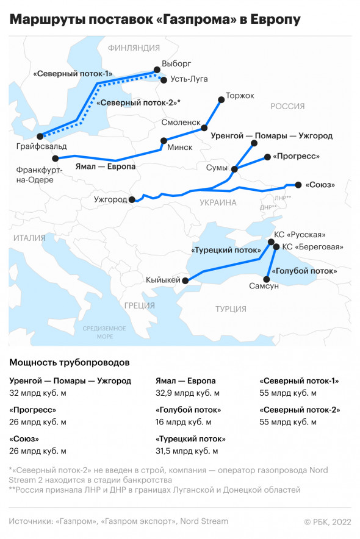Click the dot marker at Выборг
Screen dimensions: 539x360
(x=157, y=70)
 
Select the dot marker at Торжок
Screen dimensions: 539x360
(x=221, y=98)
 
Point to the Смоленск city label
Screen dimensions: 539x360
(x=181, y=123)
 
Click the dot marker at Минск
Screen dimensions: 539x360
(x=162, y=141)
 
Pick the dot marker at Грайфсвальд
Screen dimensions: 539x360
(x=40, y=137)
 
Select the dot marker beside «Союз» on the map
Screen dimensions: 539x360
(x=298, y=184)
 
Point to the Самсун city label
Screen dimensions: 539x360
(x=264, y=286)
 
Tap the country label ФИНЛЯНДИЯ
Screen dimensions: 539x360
(x=133, y=48)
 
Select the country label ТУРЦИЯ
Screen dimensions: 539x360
(x=230, y=309)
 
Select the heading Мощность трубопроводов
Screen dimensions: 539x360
(x=70, y=362)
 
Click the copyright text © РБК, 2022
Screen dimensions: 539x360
(x=328, y=521)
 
